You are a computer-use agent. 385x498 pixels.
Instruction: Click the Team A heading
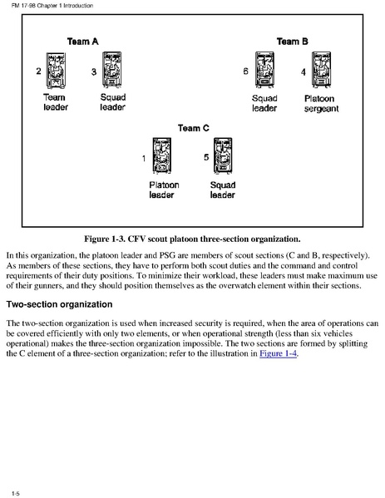(x=82, y=42)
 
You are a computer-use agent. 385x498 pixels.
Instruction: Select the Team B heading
(x=292, y=42)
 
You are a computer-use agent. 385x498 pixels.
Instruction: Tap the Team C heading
(x=194, y=128)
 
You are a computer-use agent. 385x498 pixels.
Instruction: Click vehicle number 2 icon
(x=56, y=71)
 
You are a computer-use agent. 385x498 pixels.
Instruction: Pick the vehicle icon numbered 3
(x=111, y=70)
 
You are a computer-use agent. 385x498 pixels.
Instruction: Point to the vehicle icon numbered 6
(x=264, y=70)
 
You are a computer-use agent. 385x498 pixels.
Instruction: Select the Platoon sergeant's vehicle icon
(x=321, y=70)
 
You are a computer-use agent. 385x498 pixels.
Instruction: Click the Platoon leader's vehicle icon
(x=162, y=155)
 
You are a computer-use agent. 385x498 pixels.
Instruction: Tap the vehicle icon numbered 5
(x=223, y=155)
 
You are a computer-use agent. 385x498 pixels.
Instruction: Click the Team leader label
(x=56, y=102)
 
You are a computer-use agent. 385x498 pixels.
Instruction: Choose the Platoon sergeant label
(x=321, y=104)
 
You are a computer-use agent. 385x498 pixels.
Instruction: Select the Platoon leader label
(x=164, y=190)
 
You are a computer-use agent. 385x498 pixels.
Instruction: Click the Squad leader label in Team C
(x=223, y=190)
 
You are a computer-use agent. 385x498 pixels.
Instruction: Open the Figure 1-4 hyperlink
(x=279, y=353)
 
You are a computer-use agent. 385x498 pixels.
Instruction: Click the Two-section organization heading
(x=59, y=304)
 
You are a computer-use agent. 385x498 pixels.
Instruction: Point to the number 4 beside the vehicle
(x=304, y=72)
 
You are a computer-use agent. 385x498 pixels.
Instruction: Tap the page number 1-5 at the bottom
(x=16, y=493)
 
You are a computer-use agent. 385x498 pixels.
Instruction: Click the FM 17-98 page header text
(x=52, y=5)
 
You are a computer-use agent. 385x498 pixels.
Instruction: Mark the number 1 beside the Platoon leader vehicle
(x=144, y=158)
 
